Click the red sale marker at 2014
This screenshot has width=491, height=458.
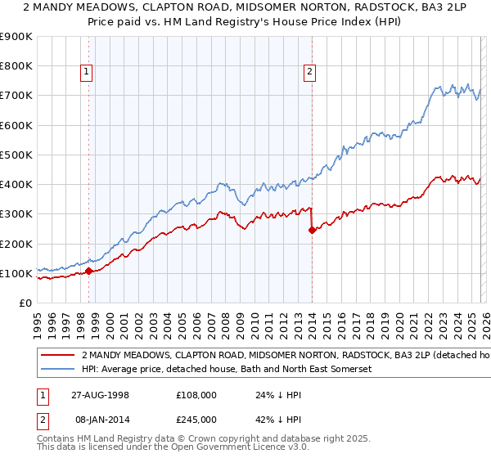pyautogui.click(x=312, y=230)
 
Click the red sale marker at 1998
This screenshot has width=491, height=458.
pyautogui.click(x=88, y=270)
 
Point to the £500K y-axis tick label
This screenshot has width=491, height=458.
pyautogui.click(x=16, y=155)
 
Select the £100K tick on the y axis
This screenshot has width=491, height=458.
pyautogui.click(x=16, y=273)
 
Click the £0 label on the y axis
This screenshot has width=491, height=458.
pyautogui.click(x=25, y=303)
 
